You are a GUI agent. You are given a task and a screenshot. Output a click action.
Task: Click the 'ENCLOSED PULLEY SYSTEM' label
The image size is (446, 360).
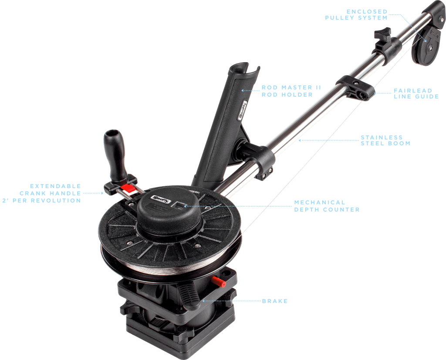[356, 15]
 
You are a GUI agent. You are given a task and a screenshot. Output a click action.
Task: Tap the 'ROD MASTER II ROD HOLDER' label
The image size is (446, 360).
[291, 91]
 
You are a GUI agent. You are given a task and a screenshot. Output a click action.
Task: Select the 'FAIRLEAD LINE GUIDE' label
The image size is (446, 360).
[416, 94]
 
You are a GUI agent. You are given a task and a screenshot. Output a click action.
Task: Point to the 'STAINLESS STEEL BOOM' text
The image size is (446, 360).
[385, 141]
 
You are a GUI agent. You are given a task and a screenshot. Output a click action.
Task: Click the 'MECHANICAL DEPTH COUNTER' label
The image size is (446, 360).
[327, 206]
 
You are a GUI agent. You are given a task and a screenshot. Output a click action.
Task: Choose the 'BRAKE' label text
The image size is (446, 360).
[275, 301]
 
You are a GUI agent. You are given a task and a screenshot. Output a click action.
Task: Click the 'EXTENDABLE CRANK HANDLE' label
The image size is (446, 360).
[42, 193]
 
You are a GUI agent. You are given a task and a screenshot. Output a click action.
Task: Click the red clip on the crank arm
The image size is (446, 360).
[128, 188]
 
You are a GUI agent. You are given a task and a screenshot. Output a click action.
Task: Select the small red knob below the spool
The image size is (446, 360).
[219, 282]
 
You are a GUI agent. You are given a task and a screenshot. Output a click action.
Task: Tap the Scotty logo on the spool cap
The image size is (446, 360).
[161, 199]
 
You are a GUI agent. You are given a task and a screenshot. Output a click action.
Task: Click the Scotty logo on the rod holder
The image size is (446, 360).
[243, 110]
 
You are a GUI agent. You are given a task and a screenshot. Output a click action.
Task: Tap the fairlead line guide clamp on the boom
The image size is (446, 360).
[355, 87]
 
